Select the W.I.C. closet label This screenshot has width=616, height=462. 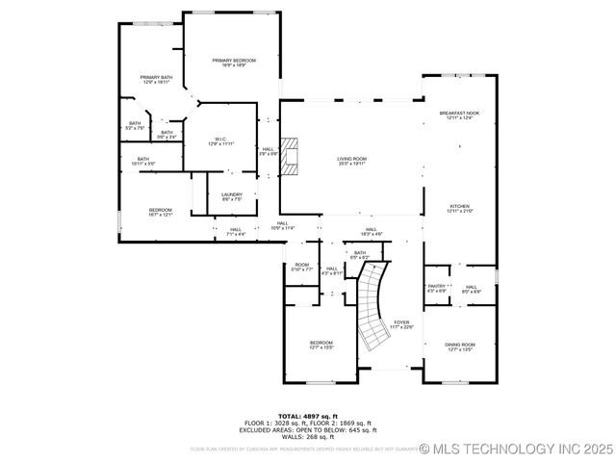pyautogui.click(x=221, y=141)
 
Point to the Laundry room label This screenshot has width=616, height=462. pyautogui.click(x=232, y=196)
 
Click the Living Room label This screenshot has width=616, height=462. pyautogui.click(x=351, y=161)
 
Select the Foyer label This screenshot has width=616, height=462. pyautogui.click(x=401, y=324)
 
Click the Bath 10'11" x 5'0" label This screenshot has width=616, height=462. pyautogui.click(x=142, y=161)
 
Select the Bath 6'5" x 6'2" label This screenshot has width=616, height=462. pyautogui.click(x=360, y=255)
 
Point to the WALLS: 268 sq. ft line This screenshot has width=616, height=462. pyautogui.click(x=308, y=438)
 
